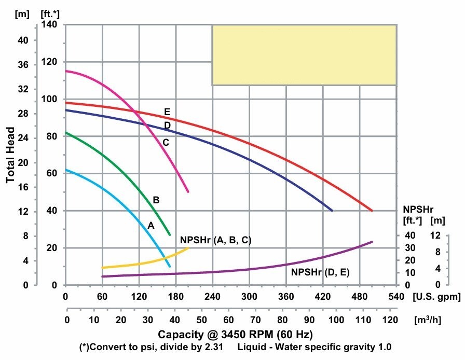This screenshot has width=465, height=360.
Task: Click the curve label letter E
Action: pos(167,112)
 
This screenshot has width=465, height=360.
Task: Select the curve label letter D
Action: pos(167,125)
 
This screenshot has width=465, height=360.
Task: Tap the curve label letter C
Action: pos(166,142)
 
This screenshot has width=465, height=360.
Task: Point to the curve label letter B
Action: pos(156,200)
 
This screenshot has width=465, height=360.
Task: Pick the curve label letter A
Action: pos(151,226)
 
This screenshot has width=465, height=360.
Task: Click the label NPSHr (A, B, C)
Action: pos(215,240)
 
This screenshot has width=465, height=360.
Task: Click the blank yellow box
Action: pos(304,54)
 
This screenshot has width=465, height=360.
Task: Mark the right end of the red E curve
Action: pos(372,210)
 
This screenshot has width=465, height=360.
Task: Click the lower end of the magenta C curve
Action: pos(188,192)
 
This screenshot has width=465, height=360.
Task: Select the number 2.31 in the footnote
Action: pos(214,346)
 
